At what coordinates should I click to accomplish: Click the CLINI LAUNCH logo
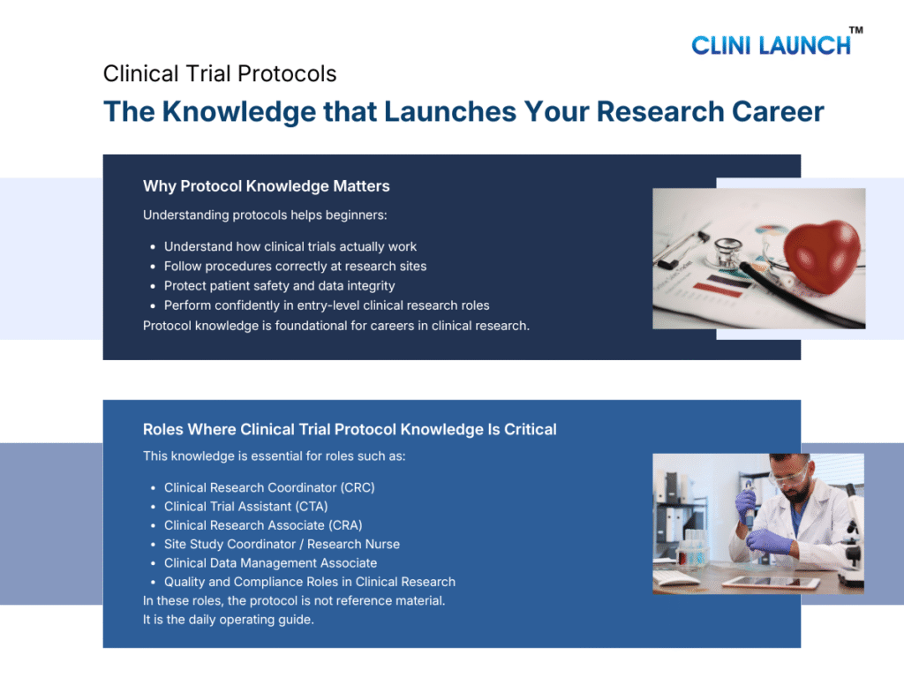(x=771, y=45)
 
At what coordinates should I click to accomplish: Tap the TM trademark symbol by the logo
(x=855, y=30)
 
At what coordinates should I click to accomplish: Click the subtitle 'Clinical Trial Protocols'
(x=220, y=73)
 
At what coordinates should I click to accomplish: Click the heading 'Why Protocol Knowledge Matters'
(x=266, y=186)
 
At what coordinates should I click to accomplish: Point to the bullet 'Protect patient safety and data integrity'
(x=279, y=286)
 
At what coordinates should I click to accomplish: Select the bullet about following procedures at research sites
(x=295, y=267)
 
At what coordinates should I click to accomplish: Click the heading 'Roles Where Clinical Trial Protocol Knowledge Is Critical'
(x=350, y=430)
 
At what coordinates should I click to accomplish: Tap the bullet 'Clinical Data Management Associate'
(x=270, y=563)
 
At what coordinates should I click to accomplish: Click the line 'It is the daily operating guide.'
(x=228, y=619)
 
